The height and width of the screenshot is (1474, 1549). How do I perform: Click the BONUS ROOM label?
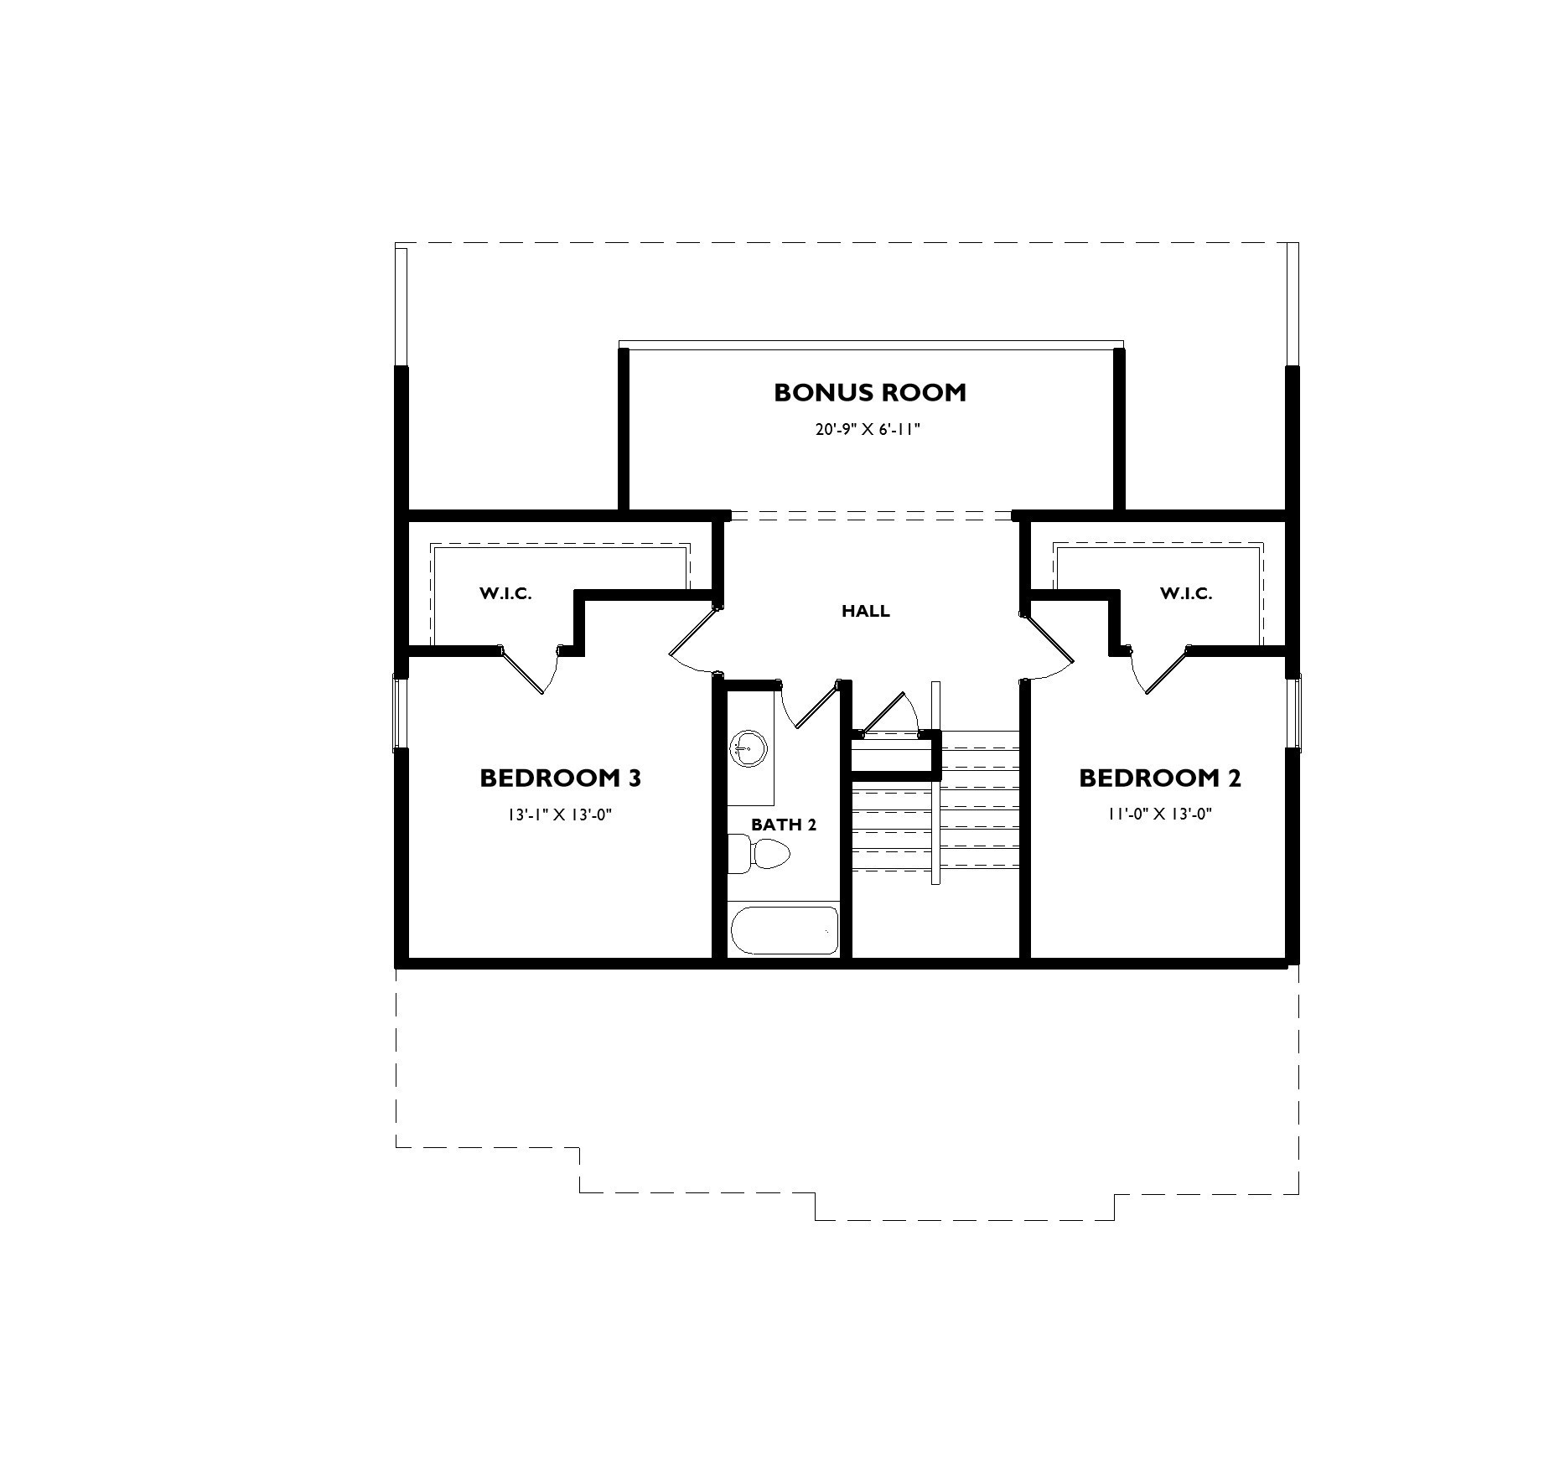pyautogui.click(x=869, y=392)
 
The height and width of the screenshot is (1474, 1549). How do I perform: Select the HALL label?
pyautogui.click(x=865, y=611)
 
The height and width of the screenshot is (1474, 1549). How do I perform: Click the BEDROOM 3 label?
pyautogui.click(x=560, y=778)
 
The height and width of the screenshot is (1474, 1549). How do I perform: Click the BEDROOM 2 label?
pyautogui.click(x=1159, y=778)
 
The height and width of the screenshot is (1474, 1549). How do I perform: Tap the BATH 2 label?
pyautogui.click(x=783, y=825)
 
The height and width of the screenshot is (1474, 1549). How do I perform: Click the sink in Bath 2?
pyautogui.click(x=749, y=747)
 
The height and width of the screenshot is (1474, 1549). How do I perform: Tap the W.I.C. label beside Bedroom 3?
pyautogui.click(x=505, y=594)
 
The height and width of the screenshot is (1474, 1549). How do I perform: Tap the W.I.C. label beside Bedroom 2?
pyautogui.click(x=1185, y=594)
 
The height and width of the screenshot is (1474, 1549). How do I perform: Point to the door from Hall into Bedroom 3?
pyautogui.click(x=692, y=641)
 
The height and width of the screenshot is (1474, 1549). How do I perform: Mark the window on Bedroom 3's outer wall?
pyautogui.click(x=400, y=712)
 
